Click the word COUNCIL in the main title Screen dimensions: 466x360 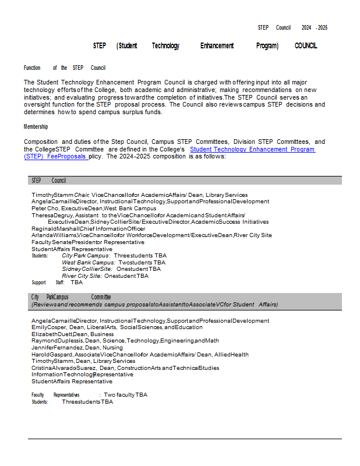pyautogui.click(x=306, y=46)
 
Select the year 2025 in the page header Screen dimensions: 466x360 pyautogui.click(x=322, y=28)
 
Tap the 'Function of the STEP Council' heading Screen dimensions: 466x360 pyautogui.click(x=64, y=68)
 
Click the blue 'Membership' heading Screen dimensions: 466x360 pyautogui.click(x=36, y=127)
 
